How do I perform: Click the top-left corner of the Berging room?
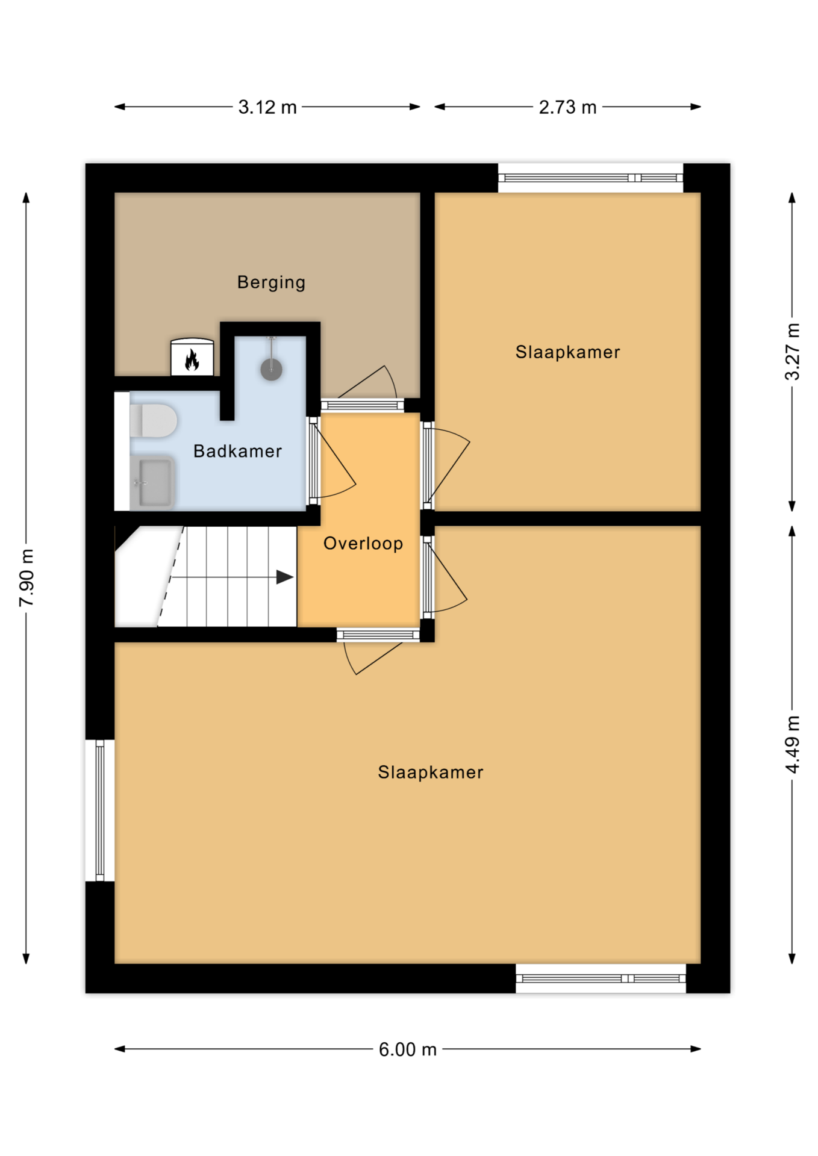pos(115,193)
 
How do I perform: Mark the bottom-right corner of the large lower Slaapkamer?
pos(701,963)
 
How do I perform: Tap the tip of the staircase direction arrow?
pos(294,577)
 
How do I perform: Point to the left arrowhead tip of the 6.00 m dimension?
pos(115,1049)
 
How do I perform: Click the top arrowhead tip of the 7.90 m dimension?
pos(26,193)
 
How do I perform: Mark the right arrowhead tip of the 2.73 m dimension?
pos(701,107)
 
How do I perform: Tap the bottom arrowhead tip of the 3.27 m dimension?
pos(792,511)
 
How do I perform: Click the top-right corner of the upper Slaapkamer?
pos(701,193)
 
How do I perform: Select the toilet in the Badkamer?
pos(153,420)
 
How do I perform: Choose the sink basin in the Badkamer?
pos(152,483)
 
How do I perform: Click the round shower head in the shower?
pos(272,370)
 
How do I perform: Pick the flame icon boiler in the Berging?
pos(192,358)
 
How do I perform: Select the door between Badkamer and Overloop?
pos(332,460)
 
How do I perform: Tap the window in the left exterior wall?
pos(100,810)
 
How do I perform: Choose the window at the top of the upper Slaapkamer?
pos(591,178)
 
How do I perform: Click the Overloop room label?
pos(363,544)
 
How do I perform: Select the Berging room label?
pos(271,282)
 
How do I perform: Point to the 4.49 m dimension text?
pos(793,744)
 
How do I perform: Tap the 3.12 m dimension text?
pos(267,107)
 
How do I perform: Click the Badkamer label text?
pos(237,451)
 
